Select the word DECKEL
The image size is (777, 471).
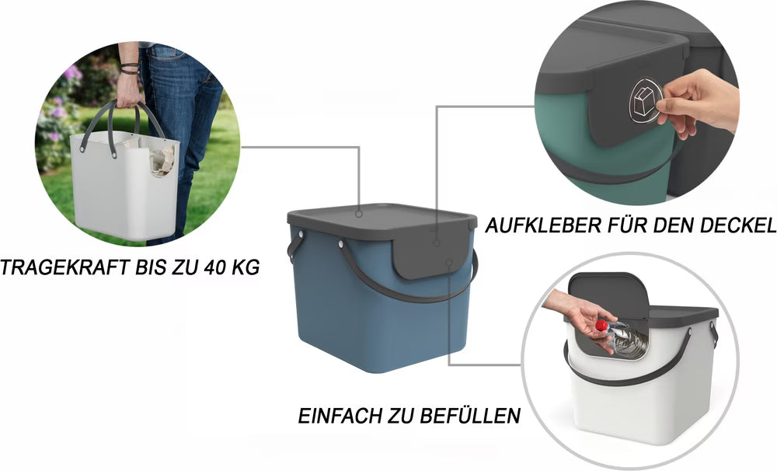[x=738, y=226]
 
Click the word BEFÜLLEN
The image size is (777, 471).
[x=473, y=416]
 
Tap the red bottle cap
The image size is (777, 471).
[x=600, y=325]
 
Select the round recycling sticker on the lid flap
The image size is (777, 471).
[x=644, y=100]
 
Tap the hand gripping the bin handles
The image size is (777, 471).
[x=129, y=92]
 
